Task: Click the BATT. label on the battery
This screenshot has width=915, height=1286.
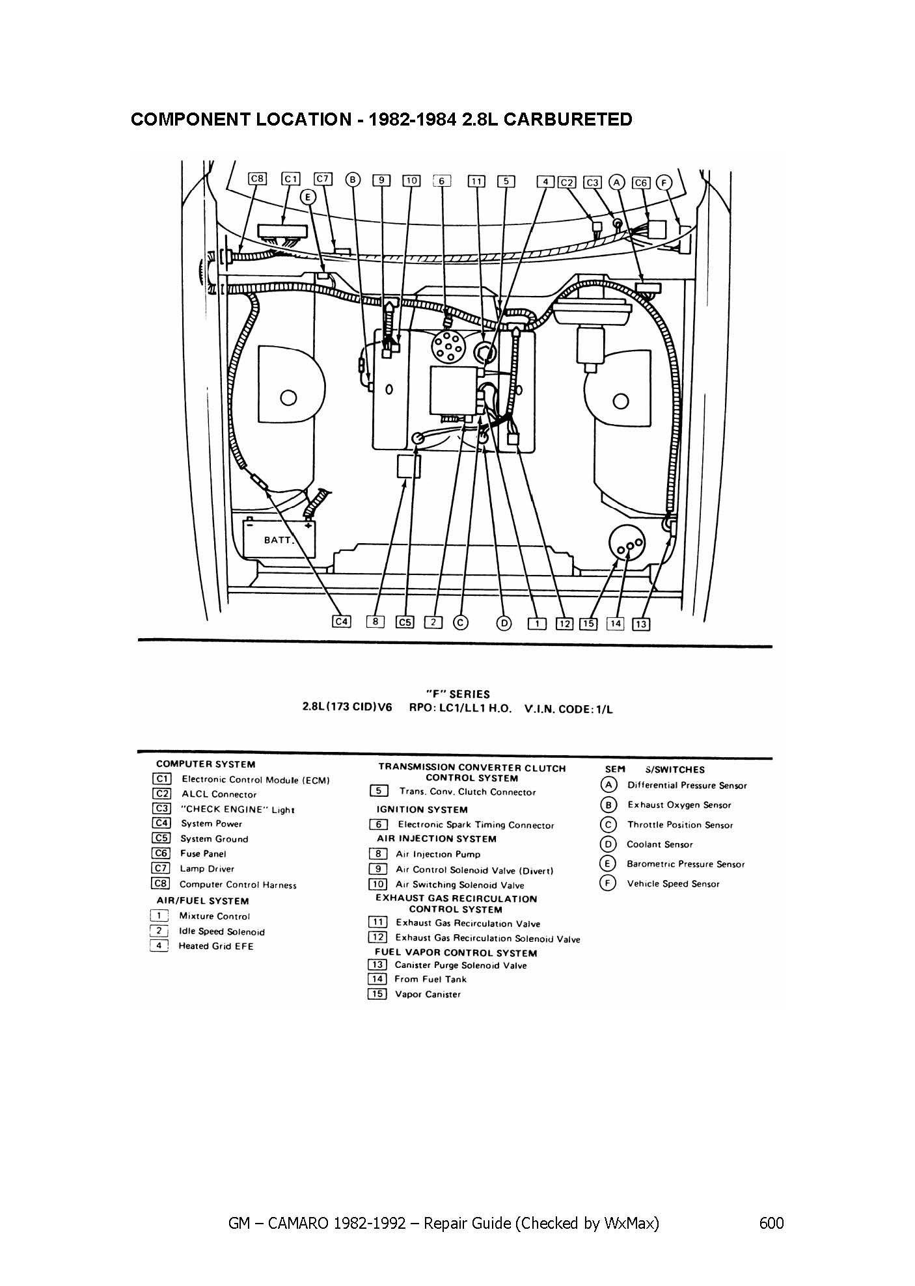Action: pos(279,540)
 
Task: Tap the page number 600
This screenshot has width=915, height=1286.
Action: pos(771,1223)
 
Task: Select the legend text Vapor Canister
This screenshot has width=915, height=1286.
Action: pos(428,994)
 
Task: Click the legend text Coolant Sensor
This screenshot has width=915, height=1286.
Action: pos(660,844)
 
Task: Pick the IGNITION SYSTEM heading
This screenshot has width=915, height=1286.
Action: pos(422,809)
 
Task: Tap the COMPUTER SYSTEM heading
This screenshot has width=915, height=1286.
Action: pos(206,764)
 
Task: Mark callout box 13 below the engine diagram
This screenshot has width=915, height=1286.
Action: pos(641,624)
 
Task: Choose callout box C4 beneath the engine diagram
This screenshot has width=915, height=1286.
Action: pos(341,622)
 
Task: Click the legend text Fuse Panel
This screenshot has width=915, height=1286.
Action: pos(203,853)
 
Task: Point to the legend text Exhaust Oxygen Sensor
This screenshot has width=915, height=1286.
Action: pos(679,805)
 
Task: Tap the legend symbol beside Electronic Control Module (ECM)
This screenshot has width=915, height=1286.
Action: pos(161,779)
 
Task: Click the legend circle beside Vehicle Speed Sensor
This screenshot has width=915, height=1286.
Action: pos(608,883)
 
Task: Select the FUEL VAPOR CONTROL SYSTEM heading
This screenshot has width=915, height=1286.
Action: pos(456,953)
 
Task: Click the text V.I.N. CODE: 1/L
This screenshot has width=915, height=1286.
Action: pos(568,709)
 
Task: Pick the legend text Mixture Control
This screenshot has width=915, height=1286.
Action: pos(215,916)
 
